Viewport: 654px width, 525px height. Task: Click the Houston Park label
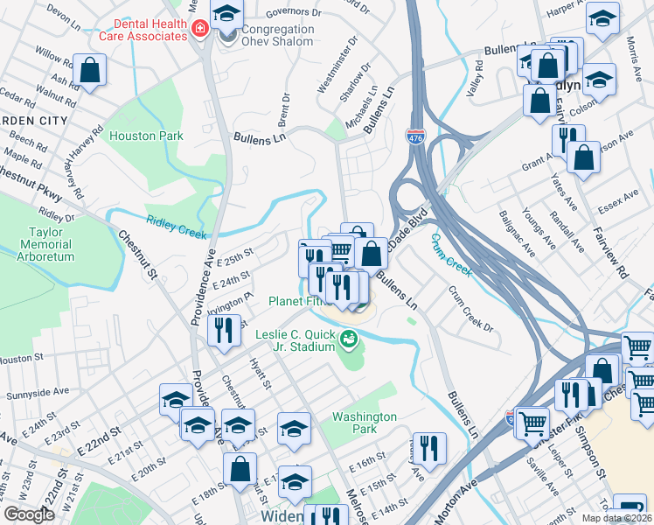pos(146,136)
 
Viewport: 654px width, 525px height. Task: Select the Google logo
pos(29,514)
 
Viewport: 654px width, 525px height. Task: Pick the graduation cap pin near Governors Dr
pos(228,15)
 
